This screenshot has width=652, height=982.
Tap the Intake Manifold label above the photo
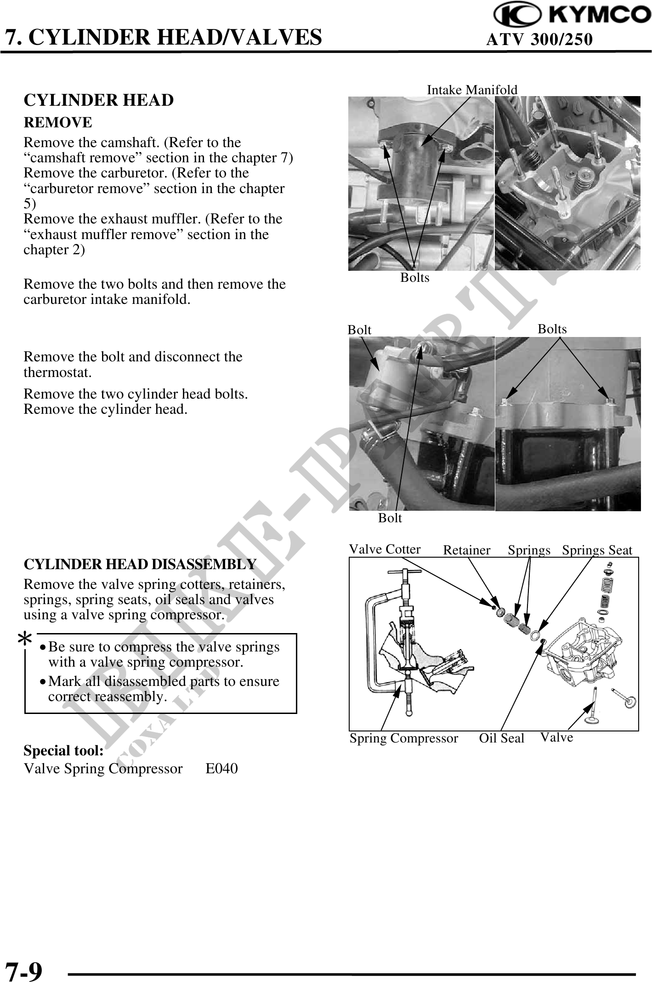point(472,90)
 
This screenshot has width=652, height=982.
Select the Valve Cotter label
point(385,549)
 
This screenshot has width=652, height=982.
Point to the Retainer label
point(466,550)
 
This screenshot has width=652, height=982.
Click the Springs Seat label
point(597,550)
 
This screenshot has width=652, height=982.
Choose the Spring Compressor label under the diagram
point(403,738)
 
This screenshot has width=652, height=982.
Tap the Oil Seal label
point(501,738)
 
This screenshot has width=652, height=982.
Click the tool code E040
point(221,768)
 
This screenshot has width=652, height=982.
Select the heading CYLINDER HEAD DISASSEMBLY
point(140,564)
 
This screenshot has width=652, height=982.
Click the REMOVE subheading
point(58,123)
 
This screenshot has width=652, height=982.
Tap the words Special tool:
point(63,751)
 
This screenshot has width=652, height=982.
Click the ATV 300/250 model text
point(539,40)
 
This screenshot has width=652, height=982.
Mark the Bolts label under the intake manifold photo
point(414,278)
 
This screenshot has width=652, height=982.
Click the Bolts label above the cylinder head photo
point(552,329)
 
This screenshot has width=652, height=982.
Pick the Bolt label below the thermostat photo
point(390,518)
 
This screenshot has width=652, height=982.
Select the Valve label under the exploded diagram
point(556,737)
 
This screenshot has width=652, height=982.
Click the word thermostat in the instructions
point(57,372)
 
